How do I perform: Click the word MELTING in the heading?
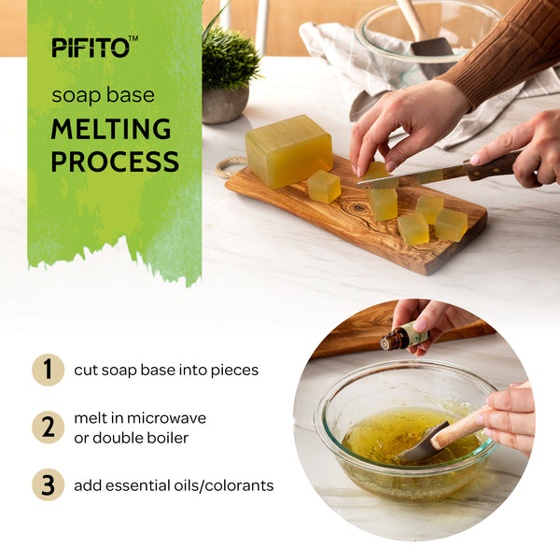click(x=111, y=130)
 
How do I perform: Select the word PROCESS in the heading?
click(x=115, y=161)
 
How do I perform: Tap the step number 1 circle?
click(x=49, y=370)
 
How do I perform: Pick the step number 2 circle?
click(x=49, y=427)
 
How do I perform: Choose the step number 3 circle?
click(x=49, y=484)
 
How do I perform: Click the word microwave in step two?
click(x=166, y=418)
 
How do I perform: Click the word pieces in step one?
click(x=234, y=371)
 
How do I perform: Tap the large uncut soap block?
click(x=288, y=152)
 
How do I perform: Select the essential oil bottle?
click(x=405, y=336)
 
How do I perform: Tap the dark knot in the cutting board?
click(x=357, y=207)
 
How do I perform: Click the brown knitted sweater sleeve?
click(x=507, y=47)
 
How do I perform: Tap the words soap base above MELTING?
click(x=104, y=95)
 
